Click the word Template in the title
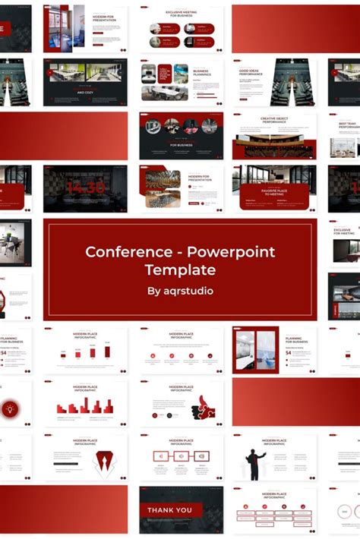180,269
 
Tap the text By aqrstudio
180,290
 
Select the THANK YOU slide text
169,510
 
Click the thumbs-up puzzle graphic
204,408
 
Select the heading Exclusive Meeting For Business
181,14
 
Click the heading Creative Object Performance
273,120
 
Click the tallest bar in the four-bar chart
107,351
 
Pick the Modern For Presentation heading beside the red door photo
104,18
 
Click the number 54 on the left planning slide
4,352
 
